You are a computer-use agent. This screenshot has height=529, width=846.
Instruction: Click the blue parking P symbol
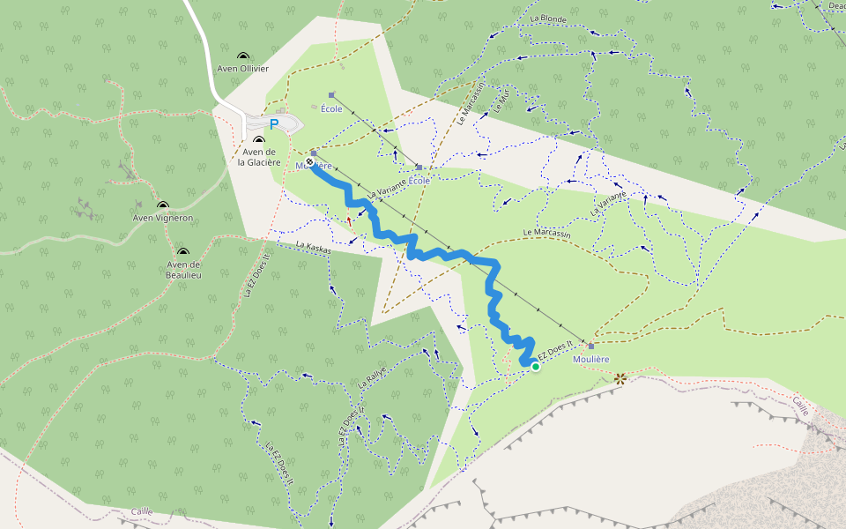273,124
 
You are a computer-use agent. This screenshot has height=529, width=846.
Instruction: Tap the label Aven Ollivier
243,69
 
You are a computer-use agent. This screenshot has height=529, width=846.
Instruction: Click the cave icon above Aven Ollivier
243,56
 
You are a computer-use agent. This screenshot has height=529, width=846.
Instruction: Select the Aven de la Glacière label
258,156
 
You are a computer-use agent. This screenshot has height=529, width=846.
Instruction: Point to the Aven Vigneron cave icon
163,205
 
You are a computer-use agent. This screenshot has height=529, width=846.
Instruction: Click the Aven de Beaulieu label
183,270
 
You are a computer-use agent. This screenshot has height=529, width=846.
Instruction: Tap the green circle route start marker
535,366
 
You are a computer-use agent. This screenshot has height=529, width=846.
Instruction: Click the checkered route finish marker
309,161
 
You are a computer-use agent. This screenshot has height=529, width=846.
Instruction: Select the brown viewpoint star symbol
620,378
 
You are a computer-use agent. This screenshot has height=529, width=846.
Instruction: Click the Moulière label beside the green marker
590,359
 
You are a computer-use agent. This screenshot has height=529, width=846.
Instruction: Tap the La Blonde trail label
548,19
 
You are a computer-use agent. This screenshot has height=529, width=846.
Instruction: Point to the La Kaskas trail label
314,249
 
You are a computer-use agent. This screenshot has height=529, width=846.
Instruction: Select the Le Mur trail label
501,103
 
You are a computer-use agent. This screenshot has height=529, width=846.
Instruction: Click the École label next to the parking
331,108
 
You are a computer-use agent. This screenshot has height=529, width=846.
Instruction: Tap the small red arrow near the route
350,220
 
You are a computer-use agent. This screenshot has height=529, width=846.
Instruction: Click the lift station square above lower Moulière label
590,346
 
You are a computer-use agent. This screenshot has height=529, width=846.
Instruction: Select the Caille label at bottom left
142,511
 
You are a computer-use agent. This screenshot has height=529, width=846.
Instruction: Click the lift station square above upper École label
331,94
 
